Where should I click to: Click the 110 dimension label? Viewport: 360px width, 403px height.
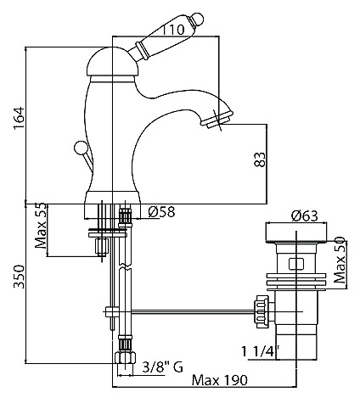[172, 30]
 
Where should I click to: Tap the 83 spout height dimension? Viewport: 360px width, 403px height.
[260, 160]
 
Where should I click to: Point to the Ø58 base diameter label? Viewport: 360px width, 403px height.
[161, 211]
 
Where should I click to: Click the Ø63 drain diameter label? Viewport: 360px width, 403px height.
[305, 216]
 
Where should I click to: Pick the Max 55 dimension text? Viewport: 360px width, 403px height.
[41, 226]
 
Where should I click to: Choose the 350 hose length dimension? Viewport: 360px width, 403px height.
[20, 277]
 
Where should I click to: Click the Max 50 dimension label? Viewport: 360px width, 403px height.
[340, 260]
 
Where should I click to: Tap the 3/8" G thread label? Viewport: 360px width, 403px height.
[163, 367]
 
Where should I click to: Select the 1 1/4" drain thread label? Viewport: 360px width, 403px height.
[261, 351]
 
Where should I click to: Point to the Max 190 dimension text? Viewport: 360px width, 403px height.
[220, 380]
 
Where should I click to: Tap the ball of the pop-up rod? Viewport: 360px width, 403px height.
[78, 148]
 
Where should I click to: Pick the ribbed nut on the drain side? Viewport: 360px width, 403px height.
[262, 311]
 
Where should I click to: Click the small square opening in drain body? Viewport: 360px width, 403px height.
[296, 264]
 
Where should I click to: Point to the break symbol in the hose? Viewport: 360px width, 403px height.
[125, 266]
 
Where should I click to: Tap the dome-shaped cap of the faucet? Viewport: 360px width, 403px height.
[112, 62]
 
